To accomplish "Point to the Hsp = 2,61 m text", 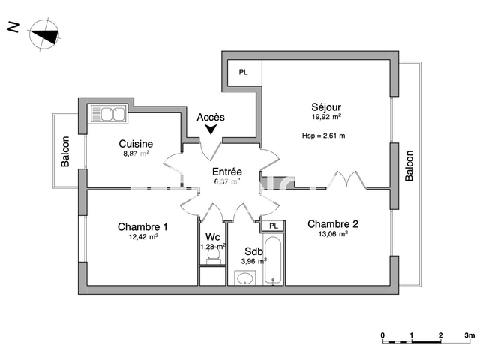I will point(323,136).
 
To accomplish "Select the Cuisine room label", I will point(136,144).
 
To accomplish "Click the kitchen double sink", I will point(109,115).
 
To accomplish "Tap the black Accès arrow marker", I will point(211,130).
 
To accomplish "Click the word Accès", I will point(210,117).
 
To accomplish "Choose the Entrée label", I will point(226,172).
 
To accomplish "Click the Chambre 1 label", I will point(142,226).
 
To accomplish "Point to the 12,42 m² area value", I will point(142,237).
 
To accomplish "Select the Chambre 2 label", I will point(333,223).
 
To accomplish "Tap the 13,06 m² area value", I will point(333,233).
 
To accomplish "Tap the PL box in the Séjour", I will point(243,73).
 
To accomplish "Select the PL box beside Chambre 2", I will point(274,225).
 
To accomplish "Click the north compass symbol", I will point(43,34).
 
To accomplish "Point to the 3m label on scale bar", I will point(469,334).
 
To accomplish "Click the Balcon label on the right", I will point(409,166).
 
